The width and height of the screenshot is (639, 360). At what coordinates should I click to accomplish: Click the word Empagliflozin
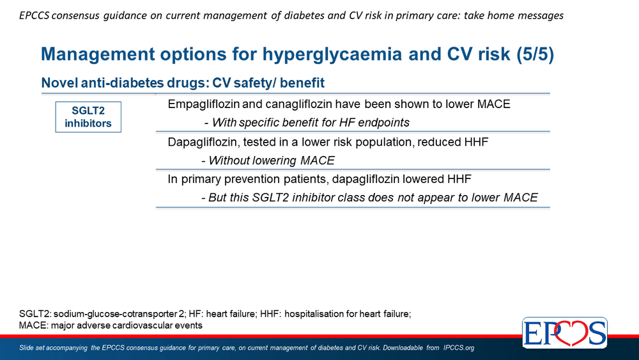pyautogui.click(x=203, y=104)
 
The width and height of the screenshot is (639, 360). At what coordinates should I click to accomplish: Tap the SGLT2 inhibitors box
pyautogui.click(x=88, y=117)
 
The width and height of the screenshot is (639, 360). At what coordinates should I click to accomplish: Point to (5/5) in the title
pyautogui.click(x=535, y=54)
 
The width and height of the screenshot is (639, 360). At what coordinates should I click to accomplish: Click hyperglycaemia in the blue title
pyautogui.click(x=332, y=54)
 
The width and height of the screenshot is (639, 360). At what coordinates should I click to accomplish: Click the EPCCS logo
pyautogui.click(x=565, y=333)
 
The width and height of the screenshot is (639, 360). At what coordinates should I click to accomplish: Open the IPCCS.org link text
pyautogui.click(x=458, y=348)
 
